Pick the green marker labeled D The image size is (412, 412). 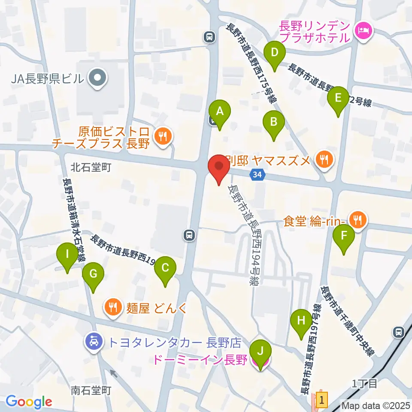pyautogui.click(x=275, y=54)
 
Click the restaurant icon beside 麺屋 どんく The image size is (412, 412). pyautogui.click(x=113, y=307)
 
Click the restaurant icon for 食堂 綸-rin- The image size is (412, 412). pyautogui.click(x=357, y=221)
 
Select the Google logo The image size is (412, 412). pyautogui.click(x=29, y=402)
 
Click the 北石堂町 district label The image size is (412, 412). pyautogui.click(x=91, y=167)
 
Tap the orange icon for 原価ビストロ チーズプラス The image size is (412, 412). pyautogui.click(x=163, y=137)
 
